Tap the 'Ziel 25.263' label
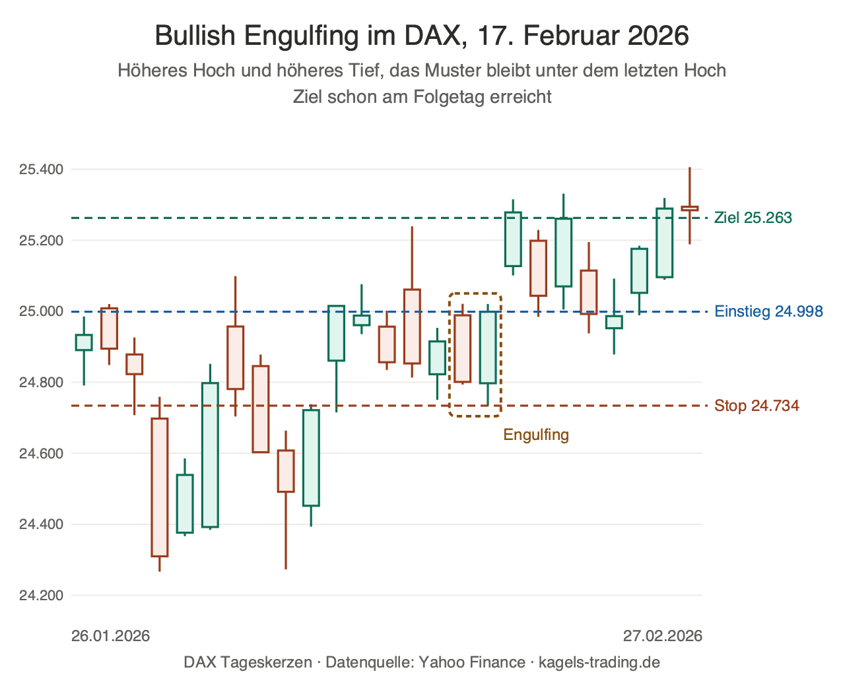(x=753, y=218)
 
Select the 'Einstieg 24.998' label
(x=768, y=311)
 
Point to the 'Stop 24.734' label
(x=757, y=406)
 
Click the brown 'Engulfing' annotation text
(x=536, y=435)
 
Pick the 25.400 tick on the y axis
(x=41, y=170)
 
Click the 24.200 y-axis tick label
(x=41, y=595)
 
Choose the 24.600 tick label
(x=41, y=453)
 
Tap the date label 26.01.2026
(x=110, y=636)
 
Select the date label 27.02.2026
(x=663, y=636)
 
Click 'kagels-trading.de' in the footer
(x=599, y=662)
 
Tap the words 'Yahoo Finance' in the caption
(x=472, y=662)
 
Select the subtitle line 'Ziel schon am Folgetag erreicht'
(x=422, y=97)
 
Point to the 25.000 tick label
(x=41, y=311)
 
